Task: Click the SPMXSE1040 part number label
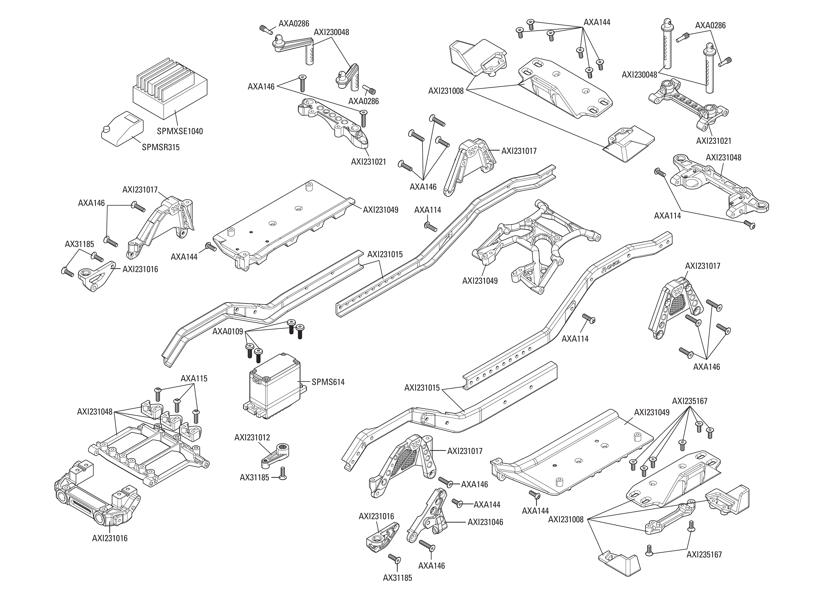click(x=180, y=131)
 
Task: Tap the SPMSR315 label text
click(x=161, y=147)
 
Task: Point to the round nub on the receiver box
click(x=106, y=129)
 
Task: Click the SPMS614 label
click(x=328, y=382)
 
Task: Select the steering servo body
click(x=274, y=388)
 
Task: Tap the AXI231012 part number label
click(x=252, y=437)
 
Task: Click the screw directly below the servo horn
click(x=282, y=473)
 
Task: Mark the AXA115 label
click(x=194, y=378)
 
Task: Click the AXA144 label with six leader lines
click(x=597, y=22)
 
